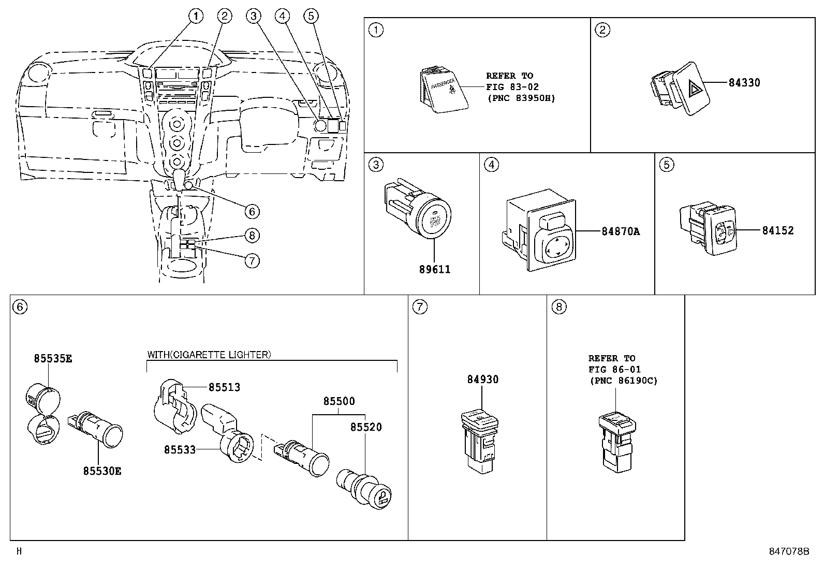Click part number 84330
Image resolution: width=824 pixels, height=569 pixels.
coord(744,82)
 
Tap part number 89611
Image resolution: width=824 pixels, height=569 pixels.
coord(434,269)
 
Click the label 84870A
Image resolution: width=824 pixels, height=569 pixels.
coord(620,231)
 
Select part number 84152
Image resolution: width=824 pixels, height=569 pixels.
coord(777,230)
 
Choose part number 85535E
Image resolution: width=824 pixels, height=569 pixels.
coord(53,358)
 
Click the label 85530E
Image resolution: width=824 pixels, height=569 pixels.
coord(102,471)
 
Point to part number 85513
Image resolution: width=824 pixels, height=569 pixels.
coord(224,387)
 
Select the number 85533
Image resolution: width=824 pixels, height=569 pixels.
coord(180,450)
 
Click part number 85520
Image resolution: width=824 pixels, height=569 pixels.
coord(366,427)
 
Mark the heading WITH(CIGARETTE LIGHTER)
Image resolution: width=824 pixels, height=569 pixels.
coord(209,355)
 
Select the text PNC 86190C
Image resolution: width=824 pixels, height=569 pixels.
coord(623,381)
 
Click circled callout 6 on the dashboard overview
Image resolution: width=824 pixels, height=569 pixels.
coord(252,211)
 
